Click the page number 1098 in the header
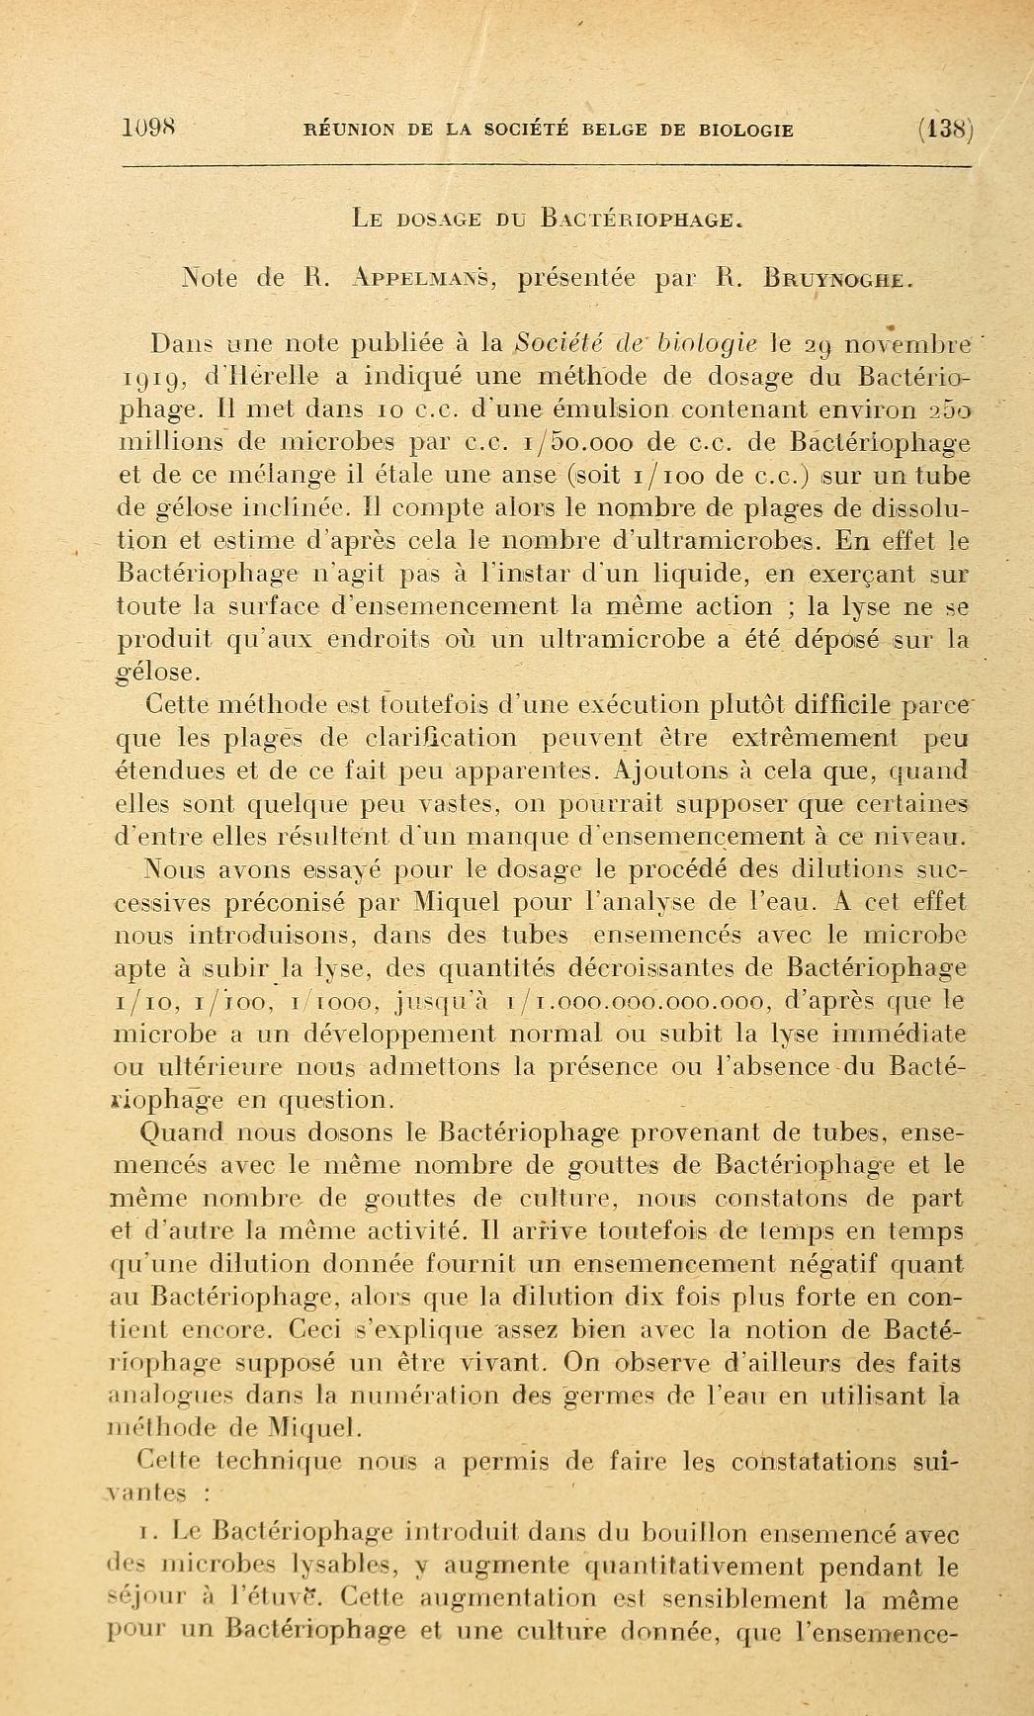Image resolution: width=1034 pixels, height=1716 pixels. coord(149,128)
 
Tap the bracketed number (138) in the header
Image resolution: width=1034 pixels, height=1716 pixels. coord(945,130)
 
